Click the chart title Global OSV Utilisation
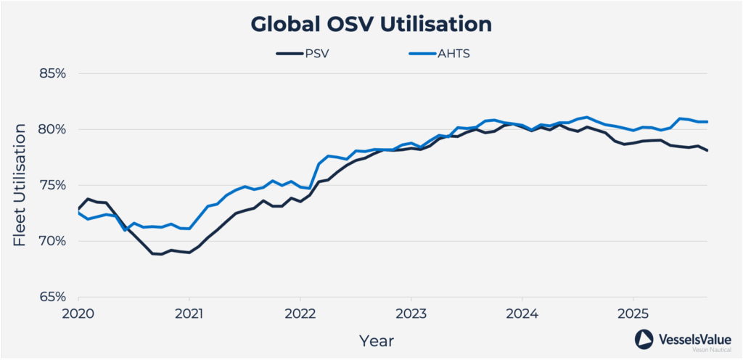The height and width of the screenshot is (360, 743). pyautogui.click(x=371, y=24)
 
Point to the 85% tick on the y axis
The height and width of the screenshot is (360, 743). pyautogui.click(x=52, y=74)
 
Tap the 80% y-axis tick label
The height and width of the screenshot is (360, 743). pyautogui.click(x=52, y=130)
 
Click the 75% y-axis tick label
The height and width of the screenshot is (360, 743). pyautogui.click(x=52, y=185)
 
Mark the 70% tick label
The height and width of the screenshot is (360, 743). pyautogui.click(x=52, y=241)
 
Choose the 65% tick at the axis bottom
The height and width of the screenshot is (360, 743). pyautogui.click(x=52, y=297)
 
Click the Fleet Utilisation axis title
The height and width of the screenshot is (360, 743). pyautogui.click(x=22, y=185)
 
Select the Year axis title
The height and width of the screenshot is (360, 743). pyautogui.click(x=377, y=339)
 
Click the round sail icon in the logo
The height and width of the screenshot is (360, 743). pyautogui.click(x=645, y=340)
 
